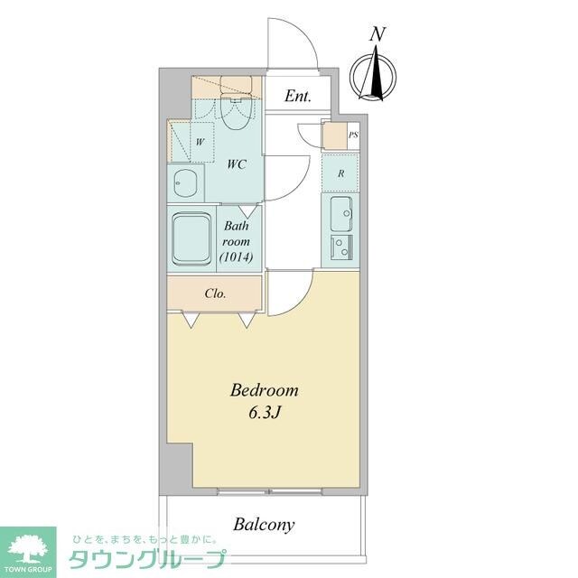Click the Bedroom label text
pos(264,391)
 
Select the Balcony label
pos(264,524)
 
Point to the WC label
pos(238,164)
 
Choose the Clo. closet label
pos(215,293)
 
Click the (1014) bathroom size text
pos(237,257)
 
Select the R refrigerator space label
pos(340,173)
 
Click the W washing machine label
pos(199,142)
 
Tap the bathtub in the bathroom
pos(191,238)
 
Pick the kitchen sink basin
pos(341,215)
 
